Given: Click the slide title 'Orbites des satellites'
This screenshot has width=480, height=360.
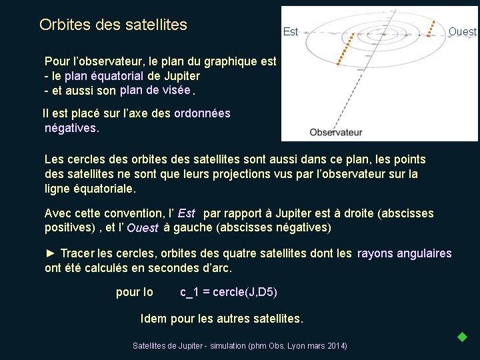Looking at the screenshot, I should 113,25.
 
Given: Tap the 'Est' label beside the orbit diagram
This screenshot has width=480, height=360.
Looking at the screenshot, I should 291,31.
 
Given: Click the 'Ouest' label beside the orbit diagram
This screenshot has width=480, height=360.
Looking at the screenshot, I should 463,31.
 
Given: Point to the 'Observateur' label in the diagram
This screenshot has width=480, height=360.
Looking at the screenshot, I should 336,132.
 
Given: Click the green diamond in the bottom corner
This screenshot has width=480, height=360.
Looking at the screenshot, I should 462,337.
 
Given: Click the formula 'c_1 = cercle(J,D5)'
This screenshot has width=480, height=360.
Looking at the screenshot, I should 229,292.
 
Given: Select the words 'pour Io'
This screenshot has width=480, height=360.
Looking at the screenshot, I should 135,292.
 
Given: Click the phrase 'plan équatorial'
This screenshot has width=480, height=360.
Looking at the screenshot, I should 105,76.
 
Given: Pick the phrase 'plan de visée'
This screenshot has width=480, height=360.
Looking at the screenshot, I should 155,90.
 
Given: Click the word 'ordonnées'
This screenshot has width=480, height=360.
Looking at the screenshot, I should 202,113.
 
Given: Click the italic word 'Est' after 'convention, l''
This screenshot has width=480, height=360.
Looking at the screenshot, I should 187,213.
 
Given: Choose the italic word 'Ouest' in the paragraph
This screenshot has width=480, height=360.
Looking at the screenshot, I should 143,228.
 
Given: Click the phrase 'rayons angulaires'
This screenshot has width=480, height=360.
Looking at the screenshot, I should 405,253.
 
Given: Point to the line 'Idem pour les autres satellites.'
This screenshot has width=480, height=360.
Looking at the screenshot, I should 222,319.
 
